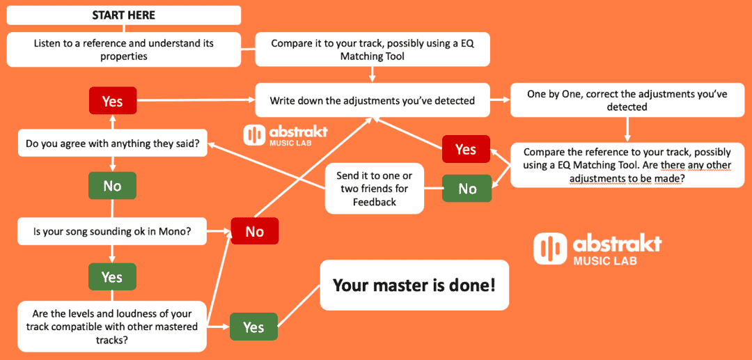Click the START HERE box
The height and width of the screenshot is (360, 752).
pos(124,15)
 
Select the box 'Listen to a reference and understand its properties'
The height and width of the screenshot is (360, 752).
pos(124,49)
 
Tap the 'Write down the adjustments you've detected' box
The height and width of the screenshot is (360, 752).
pos(372,100)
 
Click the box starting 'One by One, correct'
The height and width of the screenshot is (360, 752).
pos(627,100)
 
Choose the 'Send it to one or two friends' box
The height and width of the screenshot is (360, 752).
pos(374,188)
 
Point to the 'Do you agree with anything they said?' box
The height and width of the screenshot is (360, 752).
pos(112,145)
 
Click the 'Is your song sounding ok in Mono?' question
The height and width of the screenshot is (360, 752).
pos(112,230)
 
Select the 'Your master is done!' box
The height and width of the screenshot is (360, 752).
pos(414,285)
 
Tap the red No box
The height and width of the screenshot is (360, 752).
pos(255,231)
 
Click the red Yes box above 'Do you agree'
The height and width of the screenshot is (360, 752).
pos(112,101)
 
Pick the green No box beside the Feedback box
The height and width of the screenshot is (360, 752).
pos(467,189)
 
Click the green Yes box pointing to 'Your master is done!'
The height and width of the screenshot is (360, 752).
pos(253,327)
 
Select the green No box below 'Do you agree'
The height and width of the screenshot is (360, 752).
pos(112,186)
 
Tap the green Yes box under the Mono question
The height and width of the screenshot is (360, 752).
pos(112,276)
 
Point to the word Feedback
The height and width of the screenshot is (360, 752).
pos(374,201)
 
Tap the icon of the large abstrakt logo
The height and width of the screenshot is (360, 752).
pos(550,249)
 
